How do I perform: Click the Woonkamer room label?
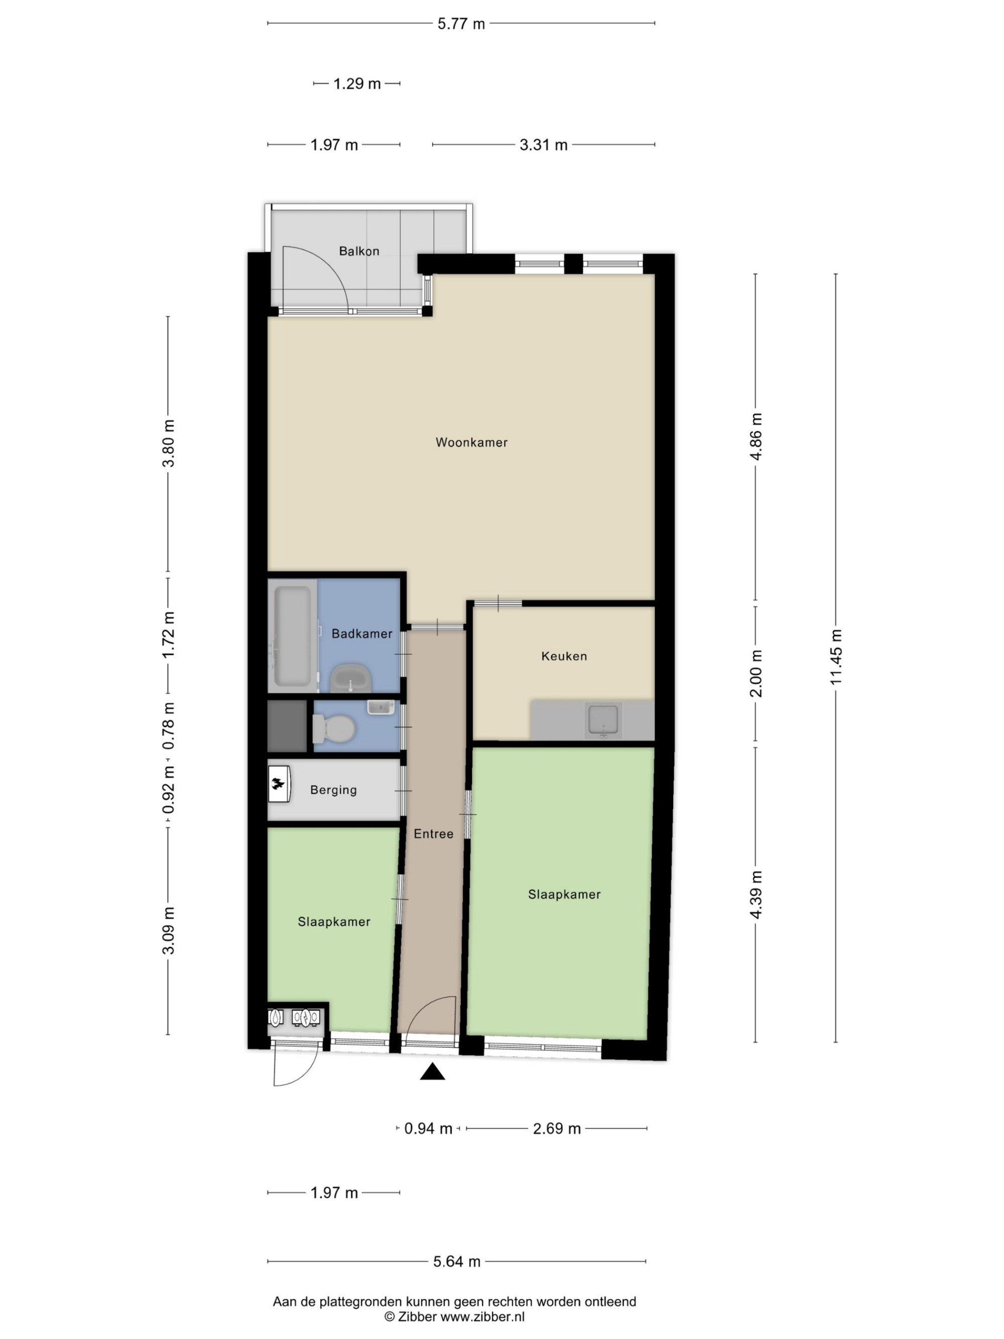coord(471,442)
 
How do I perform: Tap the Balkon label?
coord(359,251)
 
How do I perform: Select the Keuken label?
coord(564,656)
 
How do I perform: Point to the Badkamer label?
coord(362,634)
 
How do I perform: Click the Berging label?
coord(333,790)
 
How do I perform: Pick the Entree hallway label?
coord(433,834)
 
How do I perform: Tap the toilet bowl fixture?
coord(333,728)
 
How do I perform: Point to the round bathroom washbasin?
coord(351,678)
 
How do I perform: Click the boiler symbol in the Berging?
coord(280,785)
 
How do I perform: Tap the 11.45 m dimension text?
coord(836,657)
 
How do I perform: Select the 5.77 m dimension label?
coord(461,24)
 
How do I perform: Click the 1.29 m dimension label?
coord(357,83)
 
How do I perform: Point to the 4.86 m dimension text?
coord(756,436)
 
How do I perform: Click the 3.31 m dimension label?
coord(544,145)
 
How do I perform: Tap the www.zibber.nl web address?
coord(482,1316)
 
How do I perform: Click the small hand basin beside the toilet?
coord(381,707)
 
